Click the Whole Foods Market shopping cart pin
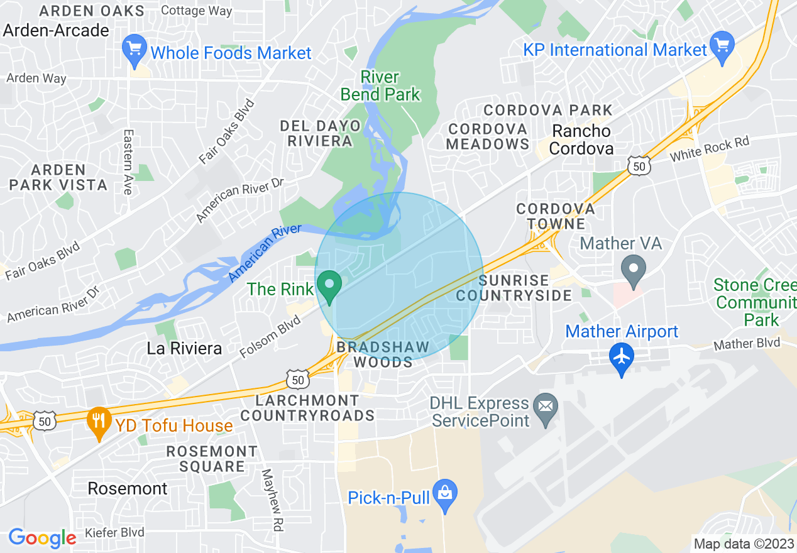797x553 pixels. click(x=134, y=50)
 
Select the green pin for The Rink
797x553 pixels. click(x=329, y=286)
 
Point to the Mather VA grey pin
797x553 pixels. click(x=634, y=268)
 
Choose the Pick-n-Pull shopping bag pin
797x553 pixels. click(x=445, y=496)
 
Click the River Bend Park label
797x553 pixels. click(x=380, y=86)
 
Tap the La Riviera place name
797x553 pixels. click(x=184, y=348)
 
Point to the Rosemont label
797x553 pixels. click(x=128, y=488)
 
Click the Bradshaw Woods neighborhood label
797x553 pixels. click(x=383, y=354)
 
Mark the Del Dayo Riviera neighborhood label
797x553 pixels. click(x=321, y=133)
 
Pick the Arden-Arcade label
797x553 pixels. click(x=56, y=30)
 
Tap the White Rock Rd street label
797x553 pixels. click(x=710, y=150)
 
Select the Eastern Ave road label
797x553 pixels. click(x=129, y=162)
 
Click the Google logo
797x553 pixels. click(x=42, y=538)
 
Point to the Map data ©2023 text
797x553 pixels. click(x=742, y=544)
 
